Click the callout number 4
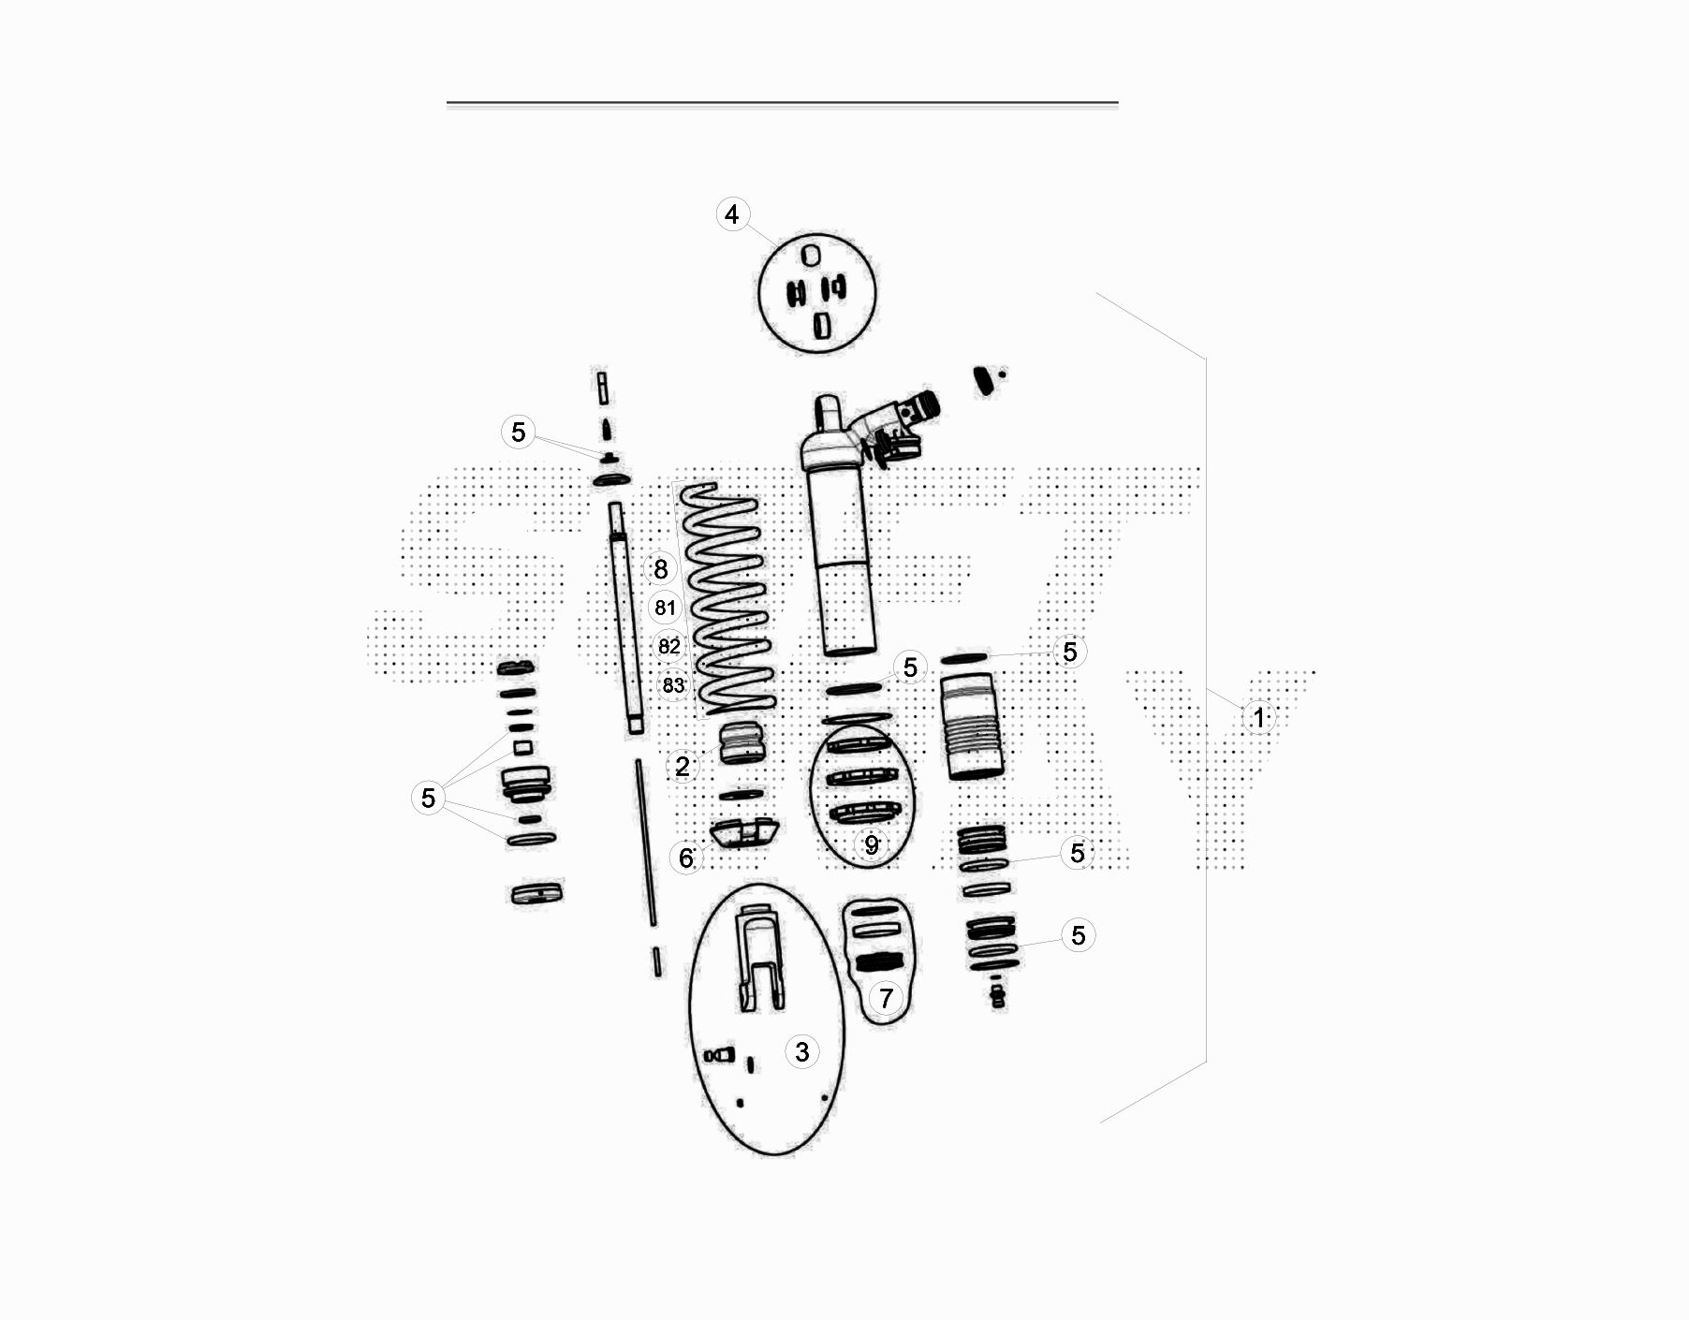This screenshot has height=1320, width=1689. [x=732, y=214]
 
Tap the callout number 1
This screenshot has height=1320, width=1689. [x=1258, y=717]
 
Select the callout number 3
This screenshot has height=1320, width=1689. [x=801, y=1051]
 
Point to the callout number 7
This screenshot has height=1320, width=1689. [x=886, y=998]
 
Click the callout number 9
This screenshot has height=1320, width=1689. [x=872, y=844]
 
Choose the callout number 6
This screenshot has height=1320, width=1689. [x=686, y=858]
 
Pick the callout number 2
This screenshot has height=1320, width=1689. [x=683, y=767]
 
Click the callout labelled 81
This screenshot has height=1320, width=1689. [x=665, y=608]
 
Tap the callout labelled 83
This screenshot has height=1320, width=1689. [x=673, y=685]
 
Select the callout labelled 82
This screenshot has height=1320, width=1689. [x=669, y=647]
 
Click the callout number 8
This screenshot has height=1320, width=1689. [x=661, y=568]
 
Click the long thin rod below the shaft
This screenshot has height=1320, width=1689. [x=646, y=843]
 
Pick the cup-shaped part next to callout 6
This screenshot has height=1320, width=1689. [x=743, y=831]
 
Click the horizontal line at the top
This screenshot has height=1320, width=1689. [x=783, y=102]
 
